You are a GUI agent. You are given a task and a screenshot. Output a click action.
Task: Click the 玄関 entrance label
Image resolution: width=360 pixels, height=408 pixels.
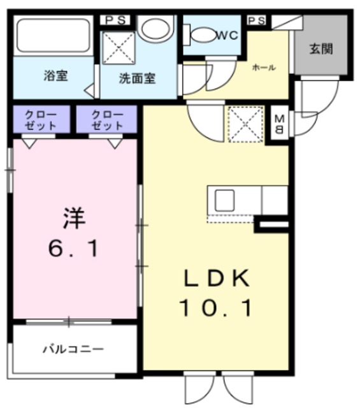[322, 49]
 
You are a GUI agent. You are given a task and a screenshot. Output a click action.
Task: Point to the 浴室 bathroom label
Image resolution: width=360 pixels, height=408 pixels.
[55, 76]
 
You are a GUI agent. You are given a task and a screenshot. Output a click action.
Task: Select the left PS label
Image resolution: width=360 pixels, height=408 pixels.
[115, 20]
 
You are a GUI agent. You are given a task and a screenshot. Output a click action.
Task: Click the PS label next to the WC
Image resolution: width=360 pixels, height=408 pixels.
[256, 20]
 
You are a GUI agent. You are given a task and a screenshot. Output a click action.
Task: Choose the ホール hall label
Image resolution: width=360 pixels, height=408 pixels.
[264, 68]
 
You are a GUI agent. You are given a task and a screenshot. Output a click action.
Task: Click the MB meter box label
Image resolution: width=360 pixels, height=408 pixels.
[280, 125]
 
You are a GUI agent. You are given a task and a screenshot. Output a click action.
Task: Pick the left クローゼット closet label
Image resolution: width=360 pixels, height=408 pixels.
[41, 119]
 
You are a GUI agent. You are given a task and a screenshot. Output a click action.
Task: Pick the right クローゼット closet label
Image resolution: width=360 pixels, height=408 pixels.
[106, 119]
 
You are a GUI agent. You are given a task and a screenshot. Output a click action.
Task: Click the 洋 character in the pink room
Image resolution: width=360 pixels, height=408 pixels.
[73, 219]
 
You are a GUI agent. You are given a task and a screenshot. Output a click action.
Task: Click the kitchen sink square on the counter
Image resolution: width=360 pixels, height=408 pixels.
[225, 201]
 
